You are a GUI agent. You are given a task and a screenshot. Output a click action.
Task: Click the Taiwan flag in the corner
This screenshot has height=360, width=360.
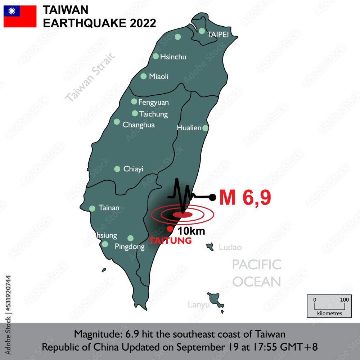click(x=20, y=16)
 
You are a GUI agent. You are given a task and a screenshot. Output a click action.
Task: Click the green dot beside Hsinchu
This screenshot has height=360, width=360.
click(x=156, y=56)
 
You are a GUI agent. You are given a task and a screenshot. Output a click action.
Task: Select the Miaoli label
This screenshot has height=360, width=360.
click(x=159, y=77)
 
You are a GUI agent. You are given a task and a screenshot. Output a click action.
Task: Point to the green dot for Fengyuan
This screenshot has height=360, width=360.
click(x=134, y=102)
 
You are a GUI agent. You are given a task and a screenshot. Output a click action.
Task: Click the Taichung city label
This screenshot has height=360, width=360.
click(x=153, y=114)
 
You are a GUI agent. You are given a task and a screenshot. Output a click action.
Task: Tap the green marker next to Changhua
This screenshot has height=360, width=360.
click(x=117, y=122)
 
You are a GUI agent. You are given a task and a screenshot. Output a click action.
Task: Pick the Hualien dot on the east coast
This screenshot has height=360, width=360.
click(x=205, y=128)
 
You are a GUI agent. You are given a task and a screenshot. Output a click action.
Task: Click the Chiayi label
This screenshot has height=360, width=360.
click(x=133, y=169)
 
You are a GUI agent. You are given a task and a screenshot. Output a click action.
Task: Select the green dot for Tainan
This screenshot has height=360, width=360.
click(x=92, y=208)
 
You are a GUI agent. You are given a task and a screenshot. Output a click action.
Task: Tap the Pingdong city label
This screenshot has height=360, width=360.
click(x=130, y=247)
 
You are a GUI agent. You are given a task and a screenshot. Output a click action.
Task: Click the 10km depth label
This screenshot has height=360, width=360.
click(x=191, y=231)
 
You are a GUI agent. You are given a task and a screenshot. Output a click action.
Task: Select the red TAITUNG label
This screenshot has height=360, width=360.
click(x=170, y=241)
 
